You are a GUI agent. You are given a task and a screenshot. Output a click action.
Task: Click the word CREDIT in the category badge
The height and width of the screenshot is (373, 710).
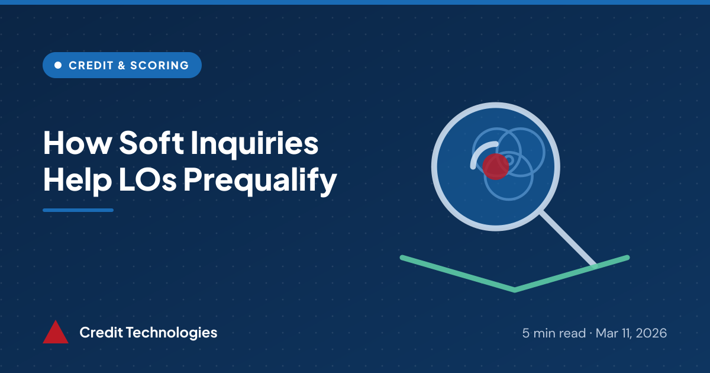(91, 65)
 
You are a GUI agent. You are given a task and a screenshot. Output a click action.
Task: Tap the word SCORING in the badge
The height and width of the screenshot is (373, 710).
(159, 65)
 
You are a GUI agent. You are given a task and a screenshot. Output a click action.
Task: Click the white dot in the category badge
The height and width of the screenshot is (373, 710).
(58, 65)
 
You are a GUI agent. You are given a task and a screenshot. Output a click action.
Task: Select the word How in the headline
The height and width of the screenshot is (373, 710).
(78, 143)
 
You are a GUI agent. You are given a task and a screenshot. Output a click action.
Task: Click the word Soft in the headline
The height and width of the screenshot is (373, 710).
(151, 142)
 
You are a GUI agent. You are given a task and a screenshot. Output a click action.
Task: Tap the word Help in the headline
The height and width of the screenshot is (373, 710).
(78, 180)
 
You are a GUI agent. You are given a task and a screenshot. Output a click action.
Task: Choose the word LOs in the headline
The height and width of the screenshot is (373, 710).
(147, 180)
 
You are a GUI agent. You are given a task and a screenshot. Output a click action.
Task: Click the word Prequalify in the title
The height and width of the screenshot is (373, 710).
(260, 180)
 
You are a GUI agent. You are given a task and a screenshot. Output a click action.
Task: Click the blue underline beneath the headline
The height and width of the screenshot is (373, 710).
(78, 210)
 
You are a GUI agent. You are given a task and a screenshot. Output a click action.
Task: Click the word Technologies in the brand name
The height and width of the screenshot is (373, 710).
(172, 333)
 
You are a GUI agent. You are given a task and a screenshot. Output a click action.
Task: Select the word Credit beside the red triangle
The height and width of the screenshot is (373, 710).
(101, 332)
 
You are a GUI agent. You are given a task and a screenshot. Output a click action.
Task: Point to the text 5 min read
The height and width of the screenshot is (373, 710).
(554, 333)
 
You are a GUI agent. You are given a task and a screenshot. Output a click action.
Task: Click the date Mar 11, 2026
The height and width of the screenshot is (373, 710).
(631, 333)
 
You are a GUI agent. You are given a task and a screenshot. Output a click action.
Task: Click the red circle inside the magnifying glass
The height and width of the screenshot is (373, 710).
(496, 166)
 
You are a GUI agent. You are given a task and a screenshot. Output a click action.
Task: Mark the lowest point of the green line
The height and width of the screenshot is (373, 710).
(515, 290)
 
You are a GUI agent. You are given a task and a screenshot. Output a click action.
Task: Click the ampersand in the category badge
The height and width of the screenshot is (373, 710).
(121, 65)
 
